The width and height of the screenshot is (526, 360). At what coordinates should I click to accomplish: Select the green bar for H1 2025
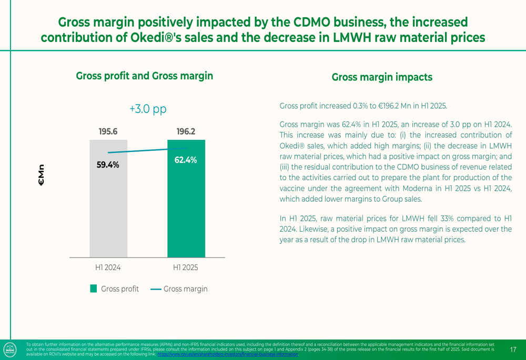186,210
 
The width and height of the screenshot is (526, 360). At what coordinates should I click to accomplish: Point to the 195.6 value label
108,131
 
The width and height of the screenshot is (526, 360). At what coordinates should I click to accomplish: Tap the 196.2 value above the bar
186,131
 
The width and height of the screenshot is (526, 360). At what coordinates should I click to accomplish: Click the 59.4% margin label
108,165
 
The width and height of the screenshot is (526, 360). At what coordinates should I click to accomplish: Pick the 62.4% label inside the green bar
186,160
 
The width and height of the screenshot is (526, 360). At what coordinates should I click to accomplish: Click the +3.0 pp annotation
148,109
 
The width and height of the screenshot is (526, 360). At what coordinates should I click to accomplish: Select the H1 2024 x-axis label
108,268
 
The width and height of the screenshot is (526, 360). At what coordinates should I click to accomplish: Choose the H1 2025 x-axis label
186,268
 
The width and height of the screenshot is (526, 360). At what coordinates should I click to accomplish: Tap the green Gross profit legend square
94,289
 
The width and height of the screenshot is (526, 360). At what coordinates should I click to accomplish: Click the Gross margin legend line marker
156,289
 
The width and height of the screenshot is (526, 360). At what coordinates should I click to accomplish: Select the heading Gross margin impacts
382,77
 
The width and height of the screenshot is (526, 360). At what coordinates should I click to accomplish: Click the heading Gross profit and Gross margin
145,76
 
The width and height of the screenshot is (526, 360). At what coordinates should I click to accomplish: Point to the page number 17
513,349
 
